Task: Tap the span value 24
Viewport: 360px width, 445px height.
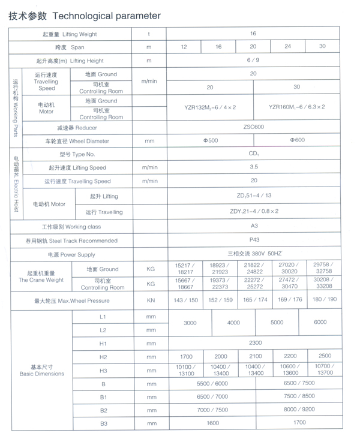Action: click(287, 47)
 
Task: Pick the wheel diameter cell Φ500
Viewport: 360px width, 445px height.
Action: click(210, 141)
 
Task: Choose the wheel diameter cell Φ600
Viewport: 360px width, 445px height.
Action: click(297, 141)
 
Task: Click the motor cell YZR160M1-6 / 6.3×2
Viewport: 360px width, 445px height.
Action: click(297, 107)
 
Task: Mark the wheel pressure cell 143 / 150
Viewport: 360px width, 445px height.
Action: click(185, 300)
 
